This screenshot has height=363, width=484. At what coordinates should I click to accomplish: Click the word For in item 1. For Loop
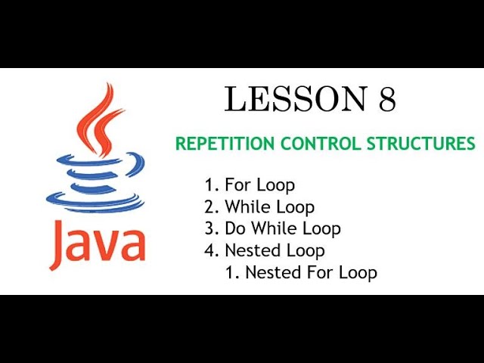[x=237, y=185]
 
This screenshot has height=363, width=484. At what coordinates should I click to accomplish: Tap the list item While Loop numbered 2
[x=269, y=206]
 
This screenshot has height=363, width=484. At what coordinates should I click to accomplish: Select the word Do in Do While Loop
[x=234, y=228]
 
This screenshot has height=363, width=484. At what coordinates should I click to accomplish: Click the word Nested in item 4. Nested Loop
[x=250, y=250]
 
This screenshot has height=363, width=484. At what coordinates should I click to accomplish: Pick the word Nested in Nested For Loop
[x=271, y=272]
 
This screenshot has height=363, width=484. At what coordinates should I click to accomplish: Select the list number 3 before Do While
[x=209, y=228]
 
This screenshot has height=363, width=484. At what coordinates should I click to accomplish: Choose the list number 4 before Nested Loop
[x=209, y=250]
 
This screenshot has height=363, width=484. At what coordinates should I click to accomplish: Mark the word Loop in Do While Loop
[x=321, y=228]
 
